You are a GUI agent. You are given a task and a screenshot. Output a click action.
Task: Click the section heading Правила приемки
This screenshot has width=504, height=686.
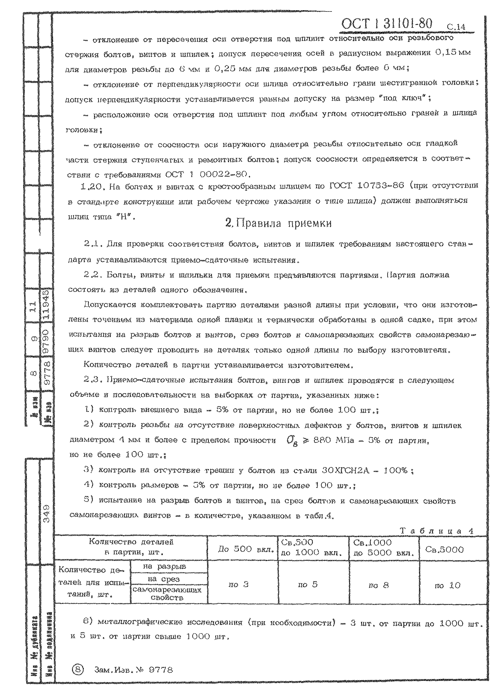click(x=278, y=223)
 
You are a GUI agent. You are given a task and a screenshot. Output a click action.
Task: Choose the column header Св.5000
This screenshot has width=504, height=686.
click(x=444, y=550)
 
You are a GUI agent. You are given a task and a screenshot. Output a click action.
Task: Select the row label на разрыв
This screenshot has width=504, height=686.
click(x=169, y=566)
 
